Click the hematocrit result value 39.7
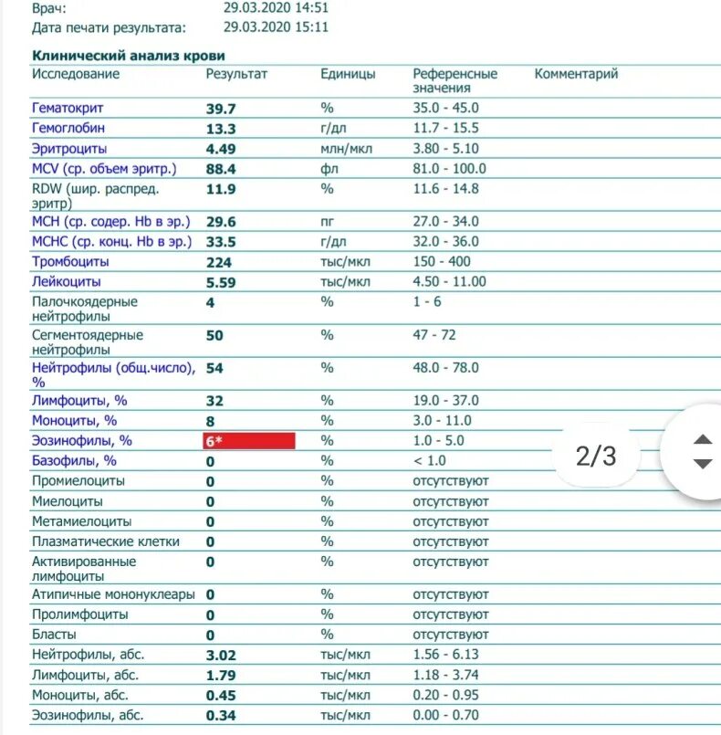tap(220, 109)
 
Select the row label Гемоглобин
tap(68, 129)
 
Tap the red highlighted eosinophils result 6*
tap(249, 441)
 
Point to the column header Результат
tap(236, 74)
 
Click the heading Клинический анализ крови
tap(129, 56)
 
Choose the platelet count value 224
tap(220, 262)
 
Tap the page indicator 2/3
tap(596, 456)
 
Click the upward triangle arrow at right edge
tap(702, 439)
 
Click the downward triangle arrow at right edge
tap(702, 464)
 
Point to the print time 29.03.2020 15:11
tap(277, 27)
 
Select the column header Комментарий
tap(576, 74)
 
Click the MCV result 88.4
tap(221, 169)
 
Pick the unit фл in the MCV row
tap(329, 169)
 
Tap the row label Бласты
tap(55, 635)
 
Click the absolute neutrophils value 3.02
tap(221, 655)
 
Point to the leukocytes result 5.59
tap(221, 282)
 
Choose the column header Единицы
tap(348, 74)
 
